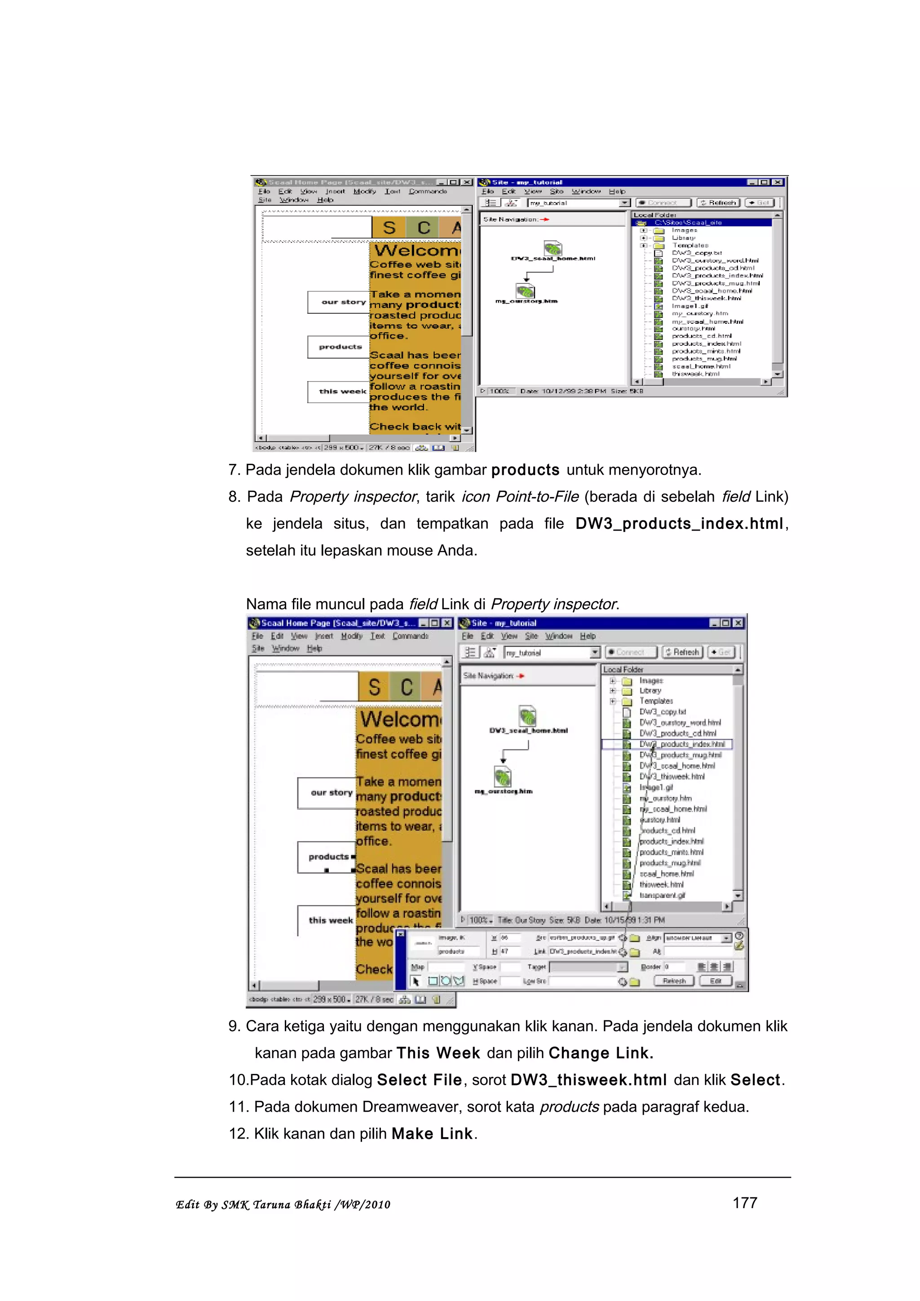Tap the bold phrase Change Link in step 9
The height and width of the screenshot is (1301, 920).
(x=600, y=1053)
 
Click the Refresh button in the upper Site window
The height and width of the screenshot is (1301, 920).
(x=718, y=202)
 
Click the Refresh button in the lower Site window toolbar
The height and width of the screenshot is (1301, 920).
(x=682, y=652)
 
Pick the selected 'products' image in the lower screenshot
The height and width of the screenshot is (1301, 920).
(x=327, y=857)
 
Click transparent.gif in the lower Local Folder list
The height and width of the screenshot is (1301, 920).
(x=662, y=895)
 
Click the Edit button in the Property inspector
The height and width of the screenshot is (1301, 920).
(x=715, y=981)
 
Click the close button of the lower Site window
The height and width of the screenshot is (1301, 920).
(x=738, y=623)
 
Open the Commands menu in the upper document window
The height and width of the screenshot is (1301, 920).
(x=427, y=192)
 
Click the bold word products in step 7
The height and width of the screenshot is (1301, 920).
(x=525, y=470)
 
